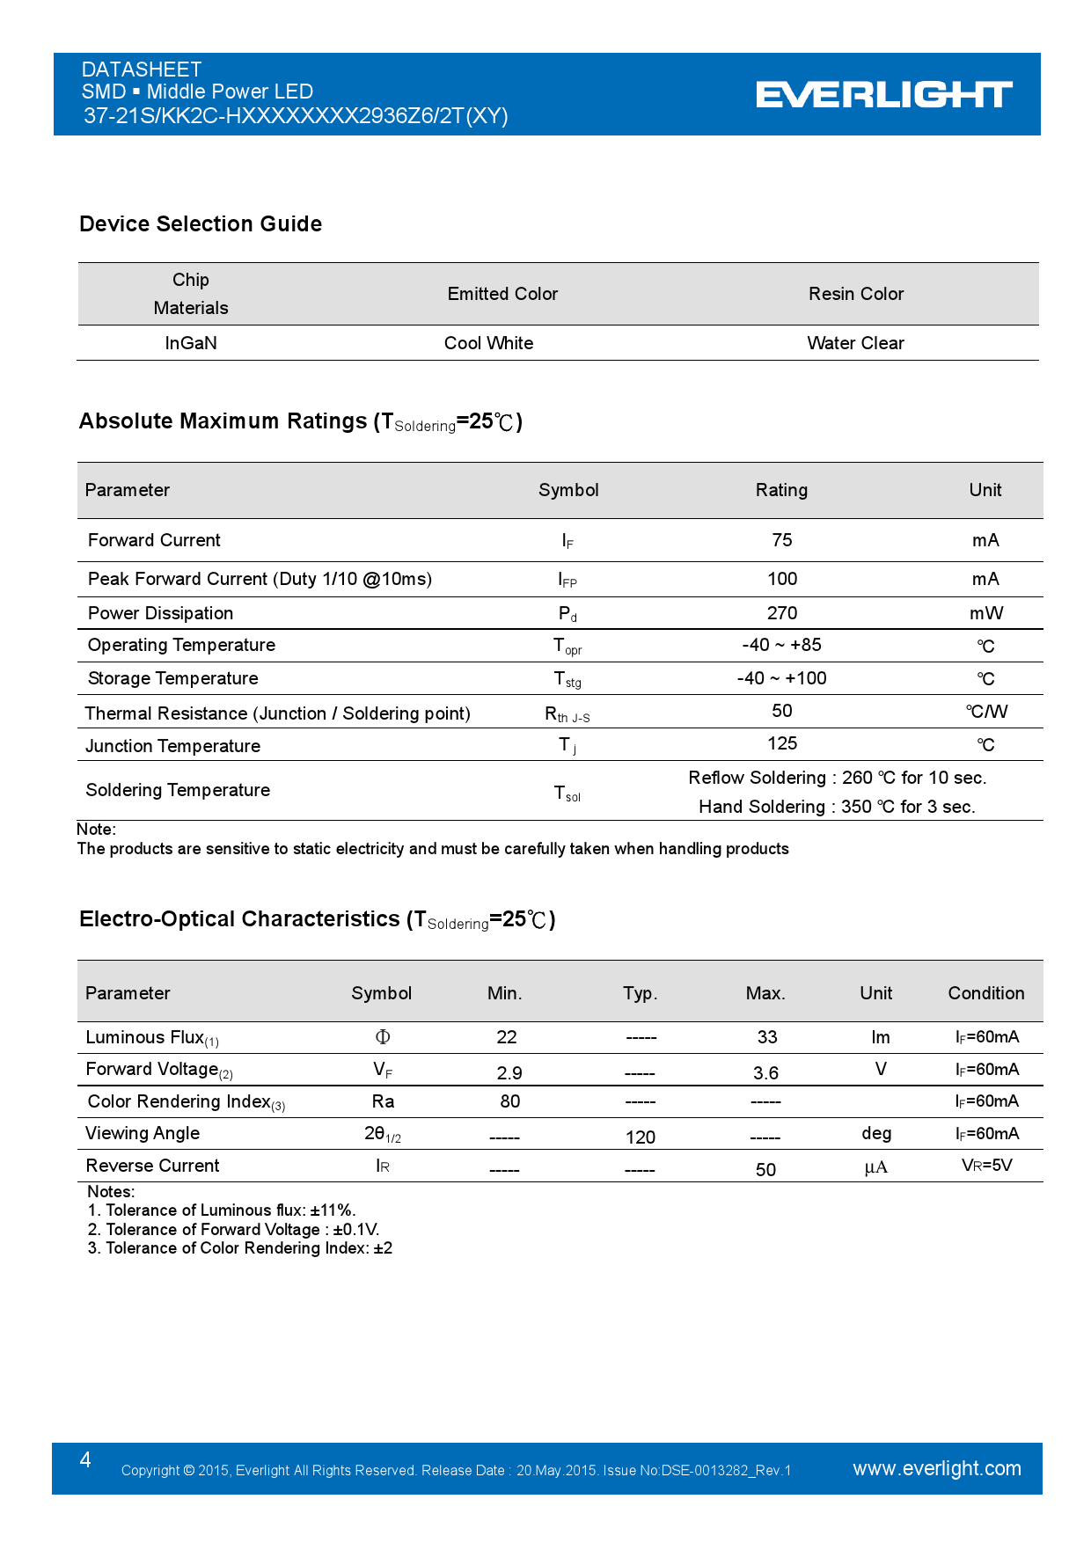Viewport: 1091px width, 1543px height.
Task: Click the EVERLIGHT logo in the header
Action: (883, 94)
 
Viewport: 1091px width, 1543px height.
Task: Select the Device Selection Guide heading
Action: (201, 224)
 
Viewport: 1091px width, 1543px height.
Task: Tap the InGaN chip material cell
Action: (191, 343)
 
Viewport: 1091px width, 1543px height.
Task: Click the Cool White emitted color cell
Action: (488, 343)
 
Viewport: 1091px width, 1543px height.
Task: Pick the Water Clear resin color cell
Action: (855, 343)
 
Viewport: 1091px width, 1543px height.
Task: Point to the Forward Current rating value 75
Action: (781, 540)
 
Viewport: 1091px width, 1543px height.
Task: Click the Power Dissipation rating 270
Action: (781, 613)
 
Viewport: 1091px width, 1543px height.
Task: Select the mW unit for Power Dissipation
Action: (985, 613)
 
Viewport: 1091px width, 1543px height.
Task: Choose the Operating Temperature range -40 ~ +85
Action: (781, 645)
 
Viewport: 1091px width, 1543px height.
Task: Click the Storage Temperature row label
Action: (172, 678)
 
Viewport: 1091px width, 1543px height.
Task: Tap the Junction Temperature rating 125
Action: (781, 743)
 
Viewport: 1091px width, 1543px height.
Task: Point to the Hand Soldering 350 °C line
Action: (837, 807)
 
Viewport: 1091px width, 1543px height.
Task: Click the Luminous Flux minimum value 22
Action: (506, 1037)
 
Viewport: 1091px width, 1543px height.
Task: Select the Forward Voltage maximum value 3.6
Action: (765, 1073)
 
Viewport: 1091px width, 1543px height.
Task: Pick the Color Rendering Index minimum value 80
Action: (509, 1101)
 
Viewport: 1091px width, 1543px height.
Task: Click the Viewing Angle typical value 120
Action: (640, 1137)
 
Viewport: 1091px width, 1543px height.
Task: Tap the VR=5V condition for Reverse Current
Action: (986, 1166)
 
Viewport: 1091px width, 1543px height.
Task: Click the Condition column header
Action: (985, 993)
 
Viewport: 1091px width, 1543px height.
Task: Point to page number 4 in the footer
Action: (85, 1460)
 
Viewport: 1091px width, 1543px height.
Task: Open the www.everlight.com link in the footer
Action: (936, 1468)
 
